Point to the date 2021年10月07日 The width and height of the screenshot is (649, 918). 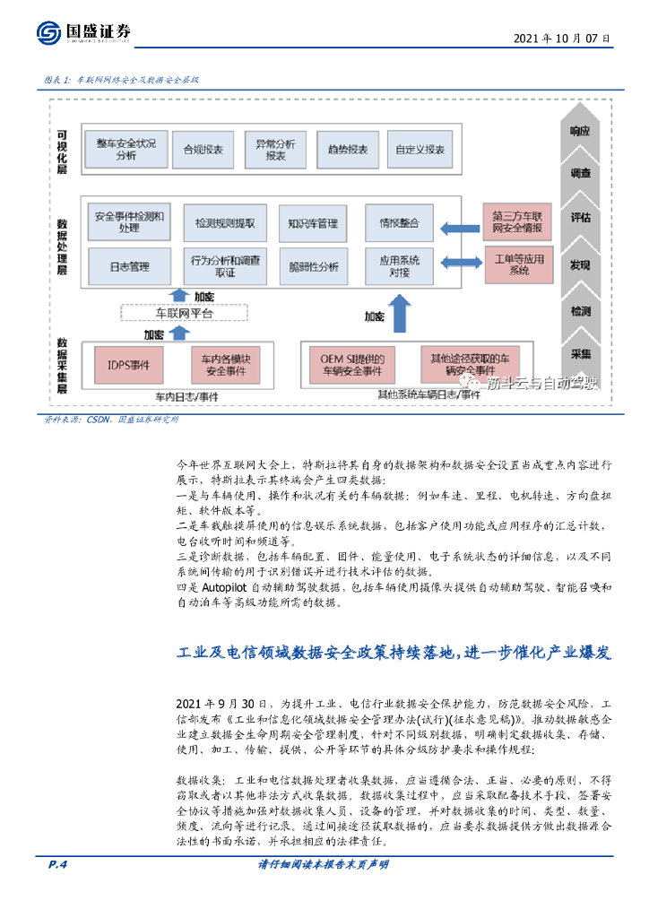(x=562, y=39)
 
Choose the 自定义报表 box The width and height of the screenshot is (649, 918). (x=420, y=150)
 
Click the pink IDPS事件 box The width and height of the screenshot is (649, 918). (x=129, y=365)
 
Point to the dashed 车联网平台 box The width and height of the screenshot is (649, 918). (x=184, y=314)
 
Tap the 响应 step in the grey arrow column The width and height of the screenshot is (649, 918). (x=580, y=131)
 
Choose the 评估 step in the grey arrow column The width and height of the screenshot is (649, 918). (x=580, y=218)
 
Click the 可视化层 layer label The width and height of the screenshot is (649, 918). (x=62, y=148)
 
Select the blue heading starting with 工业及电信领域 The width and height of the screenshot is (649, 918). (x=394, y=653)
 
